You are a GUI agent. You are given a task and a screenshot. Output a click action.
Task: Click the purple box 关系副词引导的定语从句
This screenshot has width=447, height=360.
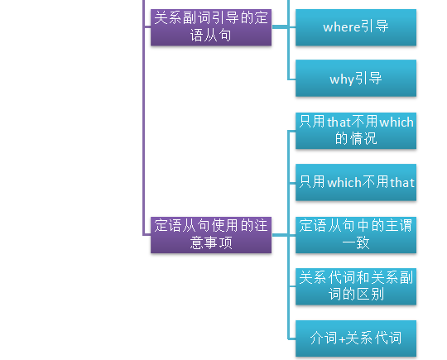211,27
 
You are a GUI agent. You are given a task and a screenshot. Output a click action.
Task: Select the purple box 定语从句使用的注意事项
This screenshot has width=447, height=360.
211,235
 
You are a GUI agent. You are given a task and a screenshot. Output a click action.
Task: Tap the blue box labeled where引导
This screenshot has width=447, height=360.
356,27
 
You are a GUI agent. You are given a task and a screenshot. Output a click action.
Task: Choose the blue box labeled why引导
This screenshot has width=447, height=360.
356,78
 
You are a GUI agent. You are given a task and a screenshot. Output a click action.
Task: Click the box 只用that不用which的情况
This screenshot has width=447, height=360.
356,131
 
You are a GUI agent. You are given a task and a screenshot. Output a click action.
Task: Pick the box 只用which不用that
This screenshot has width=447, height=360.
356,182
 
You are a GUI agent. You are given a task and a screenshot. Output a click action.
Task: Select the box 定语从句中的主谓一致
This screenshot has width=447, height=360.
356,235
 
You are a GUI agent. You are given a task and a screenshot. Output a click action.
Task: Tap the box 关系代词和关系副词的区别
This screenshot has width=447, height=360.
356,286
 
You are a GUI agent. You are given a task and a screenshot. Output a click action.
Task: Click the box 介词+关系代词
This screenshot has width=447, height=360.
356,338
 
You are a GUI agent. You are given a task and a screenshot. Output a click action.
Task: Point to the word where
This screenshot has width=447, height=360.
342,27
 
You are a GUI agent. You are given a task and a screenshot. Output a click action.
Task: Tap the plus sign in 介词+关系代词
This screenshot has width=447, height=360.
342,339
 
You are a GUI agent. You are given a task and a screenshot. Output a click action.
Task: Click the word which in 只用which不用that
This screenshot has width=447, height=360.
344,182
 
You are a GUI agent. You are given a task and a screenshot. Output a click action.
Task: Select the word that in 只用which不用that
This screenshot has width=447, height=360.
402,183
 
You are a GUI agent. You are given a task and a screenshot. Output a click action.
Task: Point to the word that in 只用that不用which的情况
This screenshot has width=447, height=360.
339,122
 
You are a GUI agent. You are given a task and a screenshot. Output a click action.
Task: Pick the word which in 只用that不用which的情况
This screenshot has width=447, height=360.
397,122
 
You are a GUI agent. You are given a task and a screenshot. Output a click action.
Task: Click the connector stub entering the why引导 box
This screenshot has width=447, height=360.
292,79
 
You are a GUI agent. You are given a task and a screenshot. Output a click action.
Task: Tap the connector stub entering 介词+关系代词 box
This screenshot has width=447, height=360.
292,339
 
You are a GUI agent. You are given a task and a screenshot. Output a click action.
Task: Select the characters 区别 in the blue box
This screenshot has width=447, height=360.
370,294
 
